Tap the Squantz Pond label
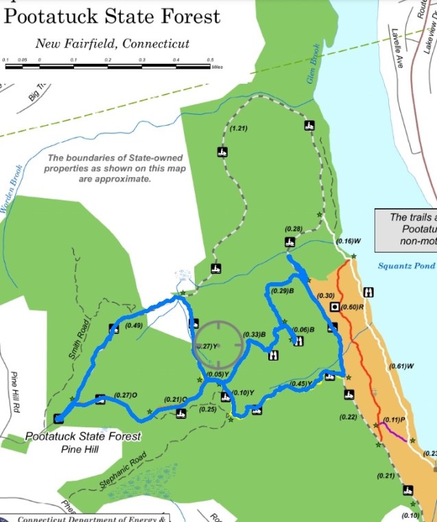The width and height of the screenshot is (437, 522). click(x=407, y=266)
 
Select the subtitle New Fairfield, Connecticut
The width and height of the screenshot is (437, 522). click(x=113, y=44)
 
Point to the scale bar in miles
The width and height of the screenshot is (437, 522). click(x=110, y=66)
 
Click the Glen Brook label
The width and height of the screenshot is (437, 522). click(x=313, y=69)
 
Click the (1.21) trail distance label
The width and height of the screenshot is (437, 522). click(x=239, y=129)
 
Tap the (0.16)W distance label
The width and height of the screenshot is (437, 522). click(x=349, y=242)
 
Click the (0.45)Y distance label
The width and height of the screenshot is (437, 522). click(x=301, y=383)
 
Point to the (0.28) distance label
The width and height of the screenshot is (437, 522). click(x=294, y=228)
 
